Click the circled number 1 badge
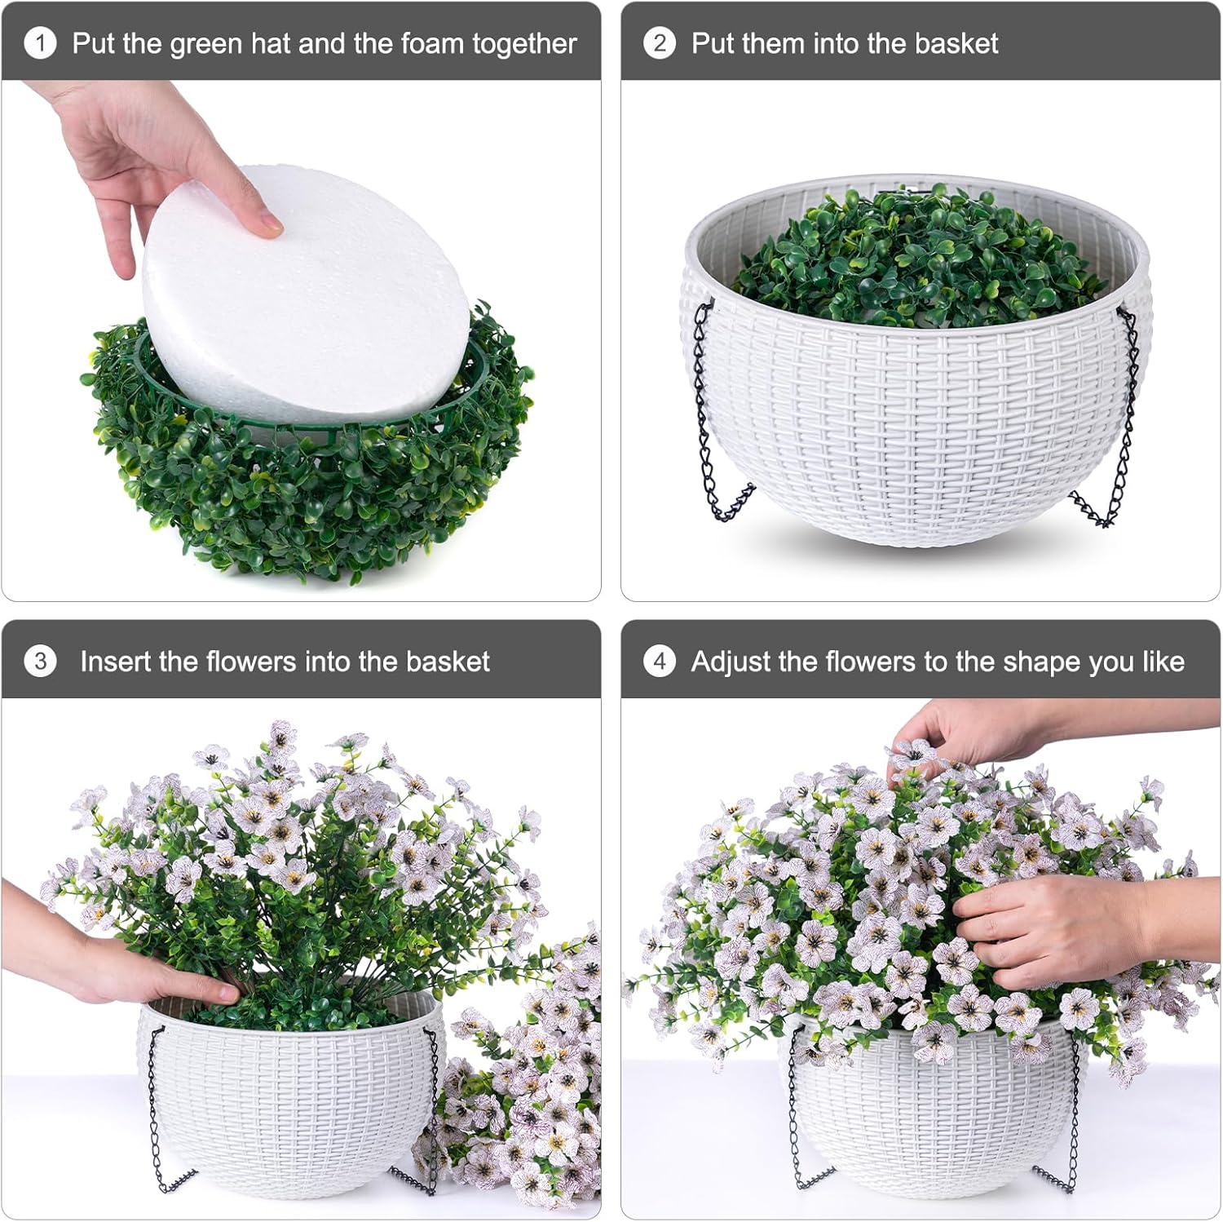(x=40, y=43)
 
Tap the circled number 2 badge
(x=660, y=43)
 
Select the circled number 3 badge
(x=40, y=661)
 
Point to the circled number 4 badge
(x=660, y=661)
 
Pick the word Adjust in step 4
(x=731, y=661)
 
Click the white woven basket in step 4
(x=929, y=1118)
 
